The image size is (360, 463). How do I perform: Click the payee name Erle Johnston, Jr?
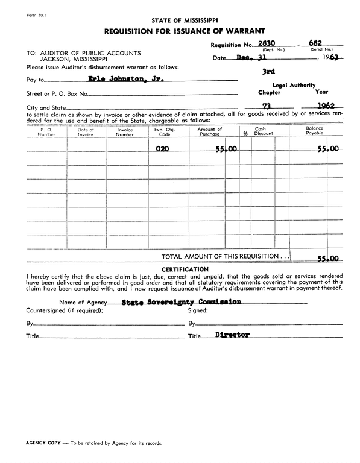pyautogui.click(x=118, y=79)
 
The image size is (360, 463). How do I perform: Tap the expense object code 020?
pyautogui.click(x=162, y=148)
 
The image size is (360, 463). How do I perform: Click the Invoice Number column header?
pyautogui.click(x=125, y=132)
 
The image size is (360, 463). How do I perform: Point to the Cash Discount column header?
pyautogui.click(x=264, y=131)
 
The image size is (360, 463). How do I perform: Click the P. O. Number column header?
pyautogui.click(x=46, y=132)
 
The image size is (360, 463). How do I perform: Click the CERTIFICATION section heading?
pyautogui.click(x=185, y=269)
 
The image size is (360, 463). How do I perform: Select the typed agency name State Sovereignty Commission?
pyautogui.click(x=182, y=301)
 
